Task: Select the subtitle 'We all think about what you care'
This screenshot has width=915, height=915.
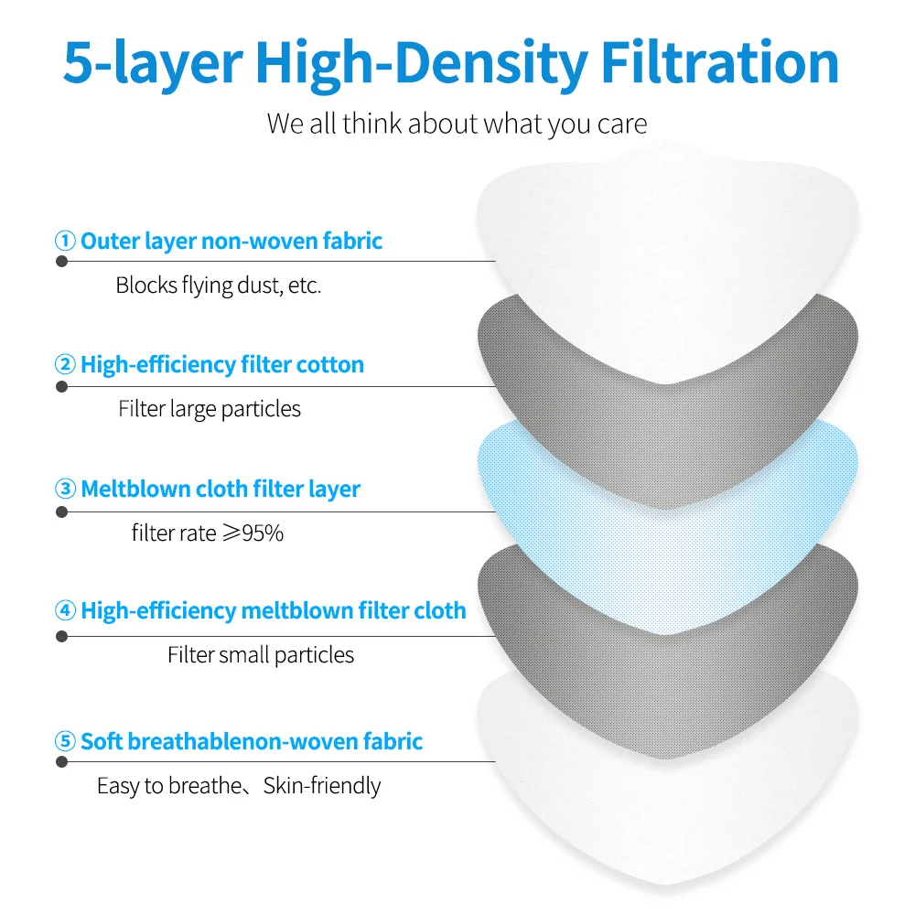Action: click(457, 124)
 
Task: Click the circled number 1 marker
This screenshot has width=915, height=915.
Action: click(65, 242)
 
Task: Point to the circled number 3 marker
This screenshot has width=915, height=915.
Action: click(65, 489)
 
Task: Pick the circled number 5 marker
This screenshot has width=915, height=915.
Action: click(65, 741)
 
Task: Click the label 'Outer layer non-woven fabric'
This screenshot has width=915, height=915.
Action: click(231, 242)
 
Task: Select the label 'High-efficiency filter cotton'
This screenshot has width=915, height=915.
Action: click(222, 365)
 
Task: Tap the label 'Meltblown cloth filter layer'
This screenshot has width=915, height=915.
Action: click(221, 489)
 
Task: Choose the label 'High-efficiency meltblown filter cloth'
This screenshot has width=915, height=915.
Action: click(274, 610)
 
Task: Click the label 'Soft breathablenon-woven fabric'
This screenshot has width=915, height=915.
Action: click(252, 741)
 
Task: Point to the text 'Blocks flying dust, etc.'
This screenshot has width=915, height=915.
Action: click(219, 285)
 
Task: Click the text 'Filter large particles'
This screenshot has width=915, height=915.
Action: click(210, 409)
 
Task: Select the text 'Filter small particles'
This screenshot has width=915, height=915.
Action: click(261, 655)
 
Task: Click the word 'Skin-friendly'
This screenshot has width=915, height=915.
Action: click(322, 785)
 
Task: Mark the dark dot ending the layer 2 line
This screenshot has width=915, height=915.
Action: click(62, 386)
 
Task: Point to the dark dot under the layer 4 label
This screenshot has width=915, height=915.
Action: click(62, 636)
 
